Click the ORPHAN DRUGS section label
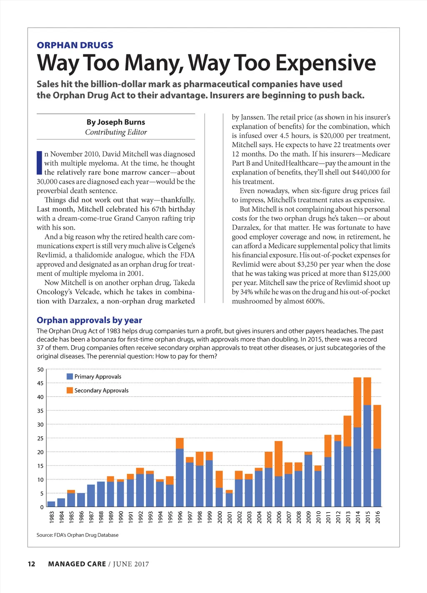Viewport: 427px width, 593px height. point(75,45)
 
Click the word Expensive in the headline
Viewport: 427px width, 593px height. point(326,63)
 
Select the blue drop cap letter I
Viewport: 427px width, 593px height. point(39,163)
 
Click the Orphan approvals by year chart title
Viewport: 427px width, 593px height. point(89,320)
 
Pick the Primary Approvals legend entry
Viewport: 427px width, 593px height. point(98,377)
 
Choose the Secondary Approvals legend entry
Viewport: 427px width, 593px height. point(101,390)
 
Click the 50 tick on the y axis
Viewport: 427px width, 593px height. point(40,370)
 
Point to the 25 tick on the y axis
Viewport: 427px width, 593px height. point(40,438)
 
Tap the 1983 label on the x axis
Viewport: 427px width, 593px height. point(52,517)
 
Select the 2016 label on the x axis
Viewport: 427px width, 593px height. point(378,517)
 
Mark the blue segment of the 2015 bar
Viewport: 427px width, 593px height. point(367,455)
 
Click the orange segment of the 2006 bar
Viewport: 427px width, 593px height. point(279,459)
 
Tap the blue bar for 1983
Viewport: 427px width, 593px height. point(51,504)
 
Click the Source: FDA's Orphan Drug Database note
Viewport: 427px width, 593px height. point(78,535)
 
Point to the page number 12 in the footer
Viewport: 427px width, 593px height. point(31,564)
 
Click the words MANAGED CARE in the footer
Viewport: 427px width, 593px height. point(77,564)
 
